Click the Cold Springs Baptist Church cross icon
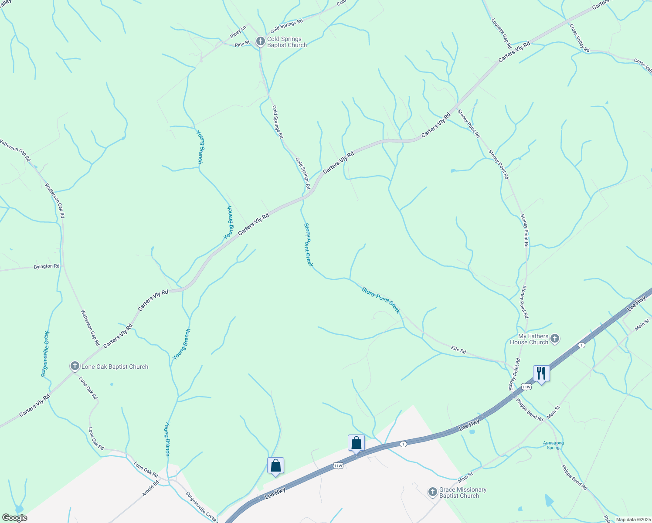[x=260, y=42]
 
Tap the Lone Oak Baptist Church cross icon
[x=75, y=367]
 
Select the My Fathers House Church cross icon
[x=555, y=339]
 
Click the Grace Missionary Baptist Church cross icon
[x=432, y=492]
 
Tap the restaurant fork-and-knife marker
[x=541, y=374]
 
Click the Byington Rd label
[x=47, y=266]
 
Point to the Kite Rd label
[x=458, y=350]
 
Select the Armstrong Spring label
[x=553, y=445]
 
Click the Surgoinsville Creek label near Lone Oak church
[x=45, y=353]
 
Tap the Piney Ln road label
[x=238, y=31]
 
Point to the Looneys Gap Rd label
[x=501, y=33]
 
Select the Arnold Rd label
[x=150, y=488]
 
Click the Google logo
[x=14, y=518]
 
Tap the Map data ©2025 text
[x=632, y=520]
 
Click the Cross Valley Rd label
[x=579, y=38]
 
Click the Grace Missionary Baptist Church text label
[x=462, y=492]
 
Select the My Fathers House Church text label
[x=529, y=339]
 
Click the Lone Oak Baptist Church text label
[x=115, y=367]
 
